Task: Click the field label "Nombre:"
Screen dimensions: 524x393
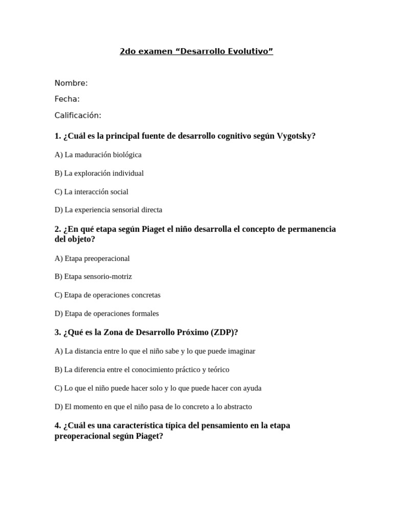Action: (71, 83)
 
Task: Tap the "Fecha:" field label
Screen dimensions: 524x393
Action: (67, 99)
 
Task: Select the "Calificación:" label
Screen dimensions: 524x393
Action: (78, 115)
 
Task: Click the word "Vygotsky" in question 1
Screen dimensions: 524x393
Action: (296, 136)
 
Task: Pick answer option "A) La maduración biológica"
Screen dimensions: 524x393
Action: (98, 155)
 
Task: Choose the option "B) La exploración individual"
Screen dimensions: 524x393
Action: (99, 173)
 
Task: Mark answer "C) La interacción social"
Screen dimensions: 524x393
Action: (92, 191)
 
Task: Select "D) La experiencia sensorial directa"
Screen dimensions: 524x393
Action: (108, 210)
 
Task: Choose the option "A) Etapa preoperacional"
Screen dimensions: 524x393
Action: (92, 258)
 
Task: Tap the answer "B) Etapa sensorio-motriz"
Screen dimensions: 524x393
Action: (93, 276)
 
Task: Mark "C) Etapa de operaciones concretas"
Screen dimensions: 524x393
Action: (107, 295)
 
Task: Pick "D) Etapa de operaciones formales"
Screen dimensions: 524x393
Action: (107, 313)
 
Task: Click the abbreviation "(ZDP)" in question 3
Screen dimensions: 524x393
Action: (224, 332)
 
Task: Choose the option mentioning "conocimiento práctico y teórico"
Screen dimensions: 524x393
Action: (142, 369)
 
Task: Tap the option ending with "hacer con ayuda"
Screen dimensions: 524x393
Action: (158, 388)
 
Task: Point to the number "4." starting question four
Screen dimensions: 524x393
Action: (58, 425)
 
